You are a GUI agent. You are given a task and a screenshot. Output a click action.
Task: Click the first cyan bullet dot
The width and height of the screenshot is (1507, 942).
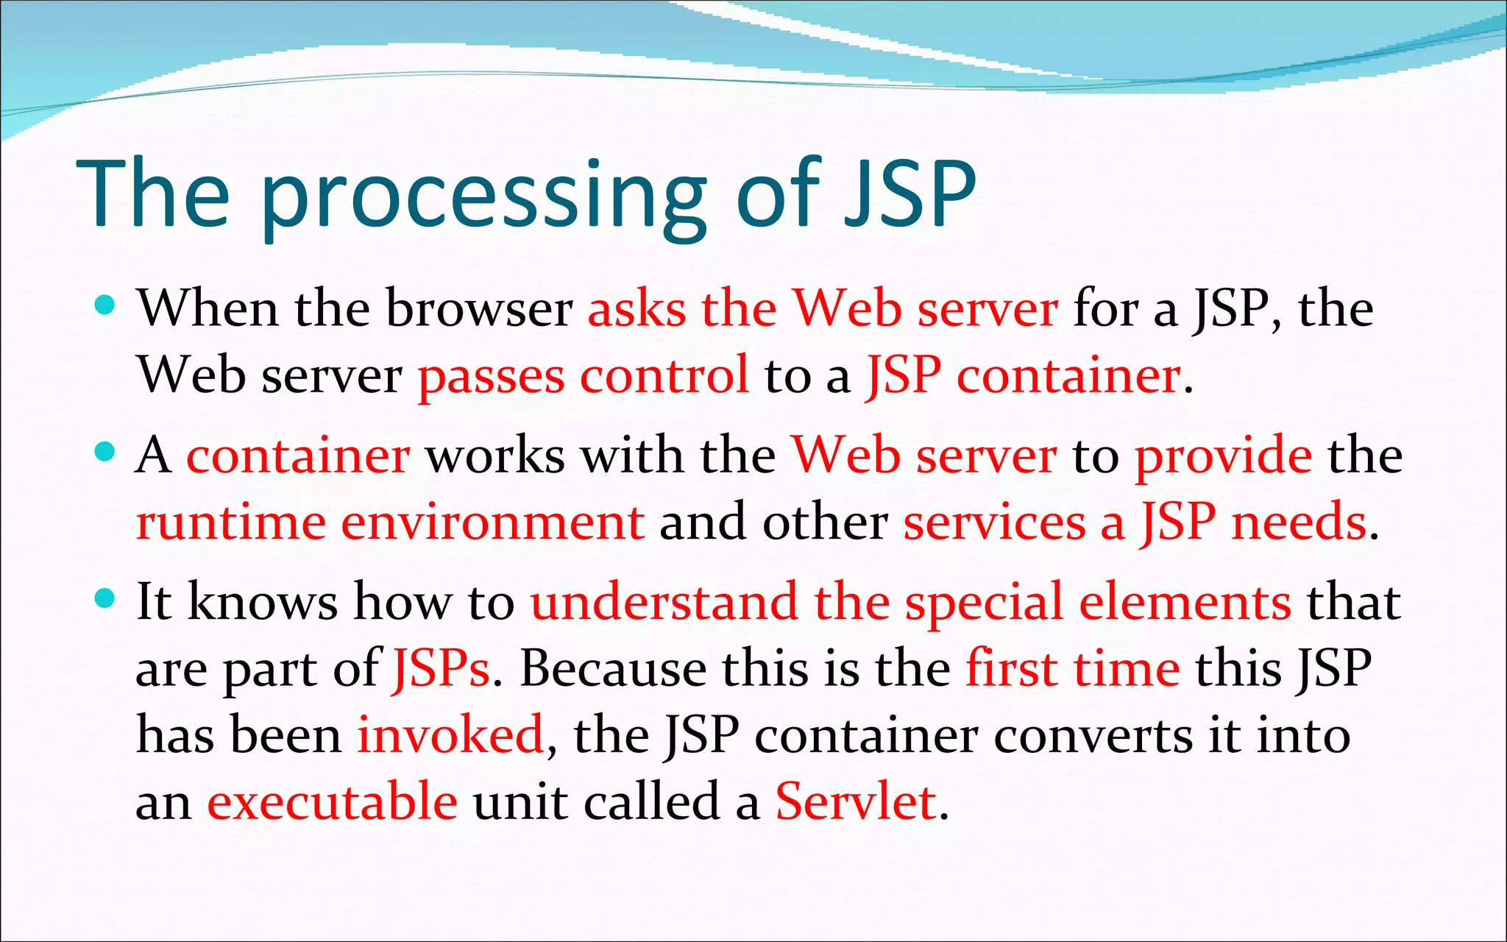coord(106,304)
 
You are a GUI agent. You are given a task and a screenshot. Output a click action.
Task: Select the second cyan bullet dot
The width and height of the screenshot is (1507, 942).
coord(106,451)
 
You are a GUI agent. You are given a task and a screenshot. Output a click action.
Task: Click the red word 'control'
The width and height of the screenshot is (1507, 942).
coord(664,375)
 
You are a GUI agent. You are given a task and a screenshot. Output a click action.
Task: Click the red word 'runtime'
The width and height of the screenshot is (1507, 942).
coord(231,522)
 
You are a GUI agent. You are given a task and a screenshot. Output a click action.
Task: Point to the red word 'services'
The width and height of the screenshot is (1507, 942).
coord(994,522)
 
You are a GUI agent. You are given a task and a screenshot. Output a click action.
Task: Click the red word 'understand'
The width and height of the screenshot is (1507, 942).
coord(664,602)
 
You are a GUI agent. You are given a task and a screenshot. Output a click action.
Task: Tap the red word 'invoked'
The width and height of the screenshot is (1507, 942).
coord(450,734)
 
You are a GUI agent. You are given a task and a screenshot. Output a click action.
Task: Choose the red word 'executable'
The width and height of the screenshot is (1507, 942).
coord(332,801)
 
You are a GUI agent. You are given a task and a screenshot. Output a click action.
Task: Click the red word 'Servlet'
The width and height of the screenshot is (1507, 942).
coord(856,801)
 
